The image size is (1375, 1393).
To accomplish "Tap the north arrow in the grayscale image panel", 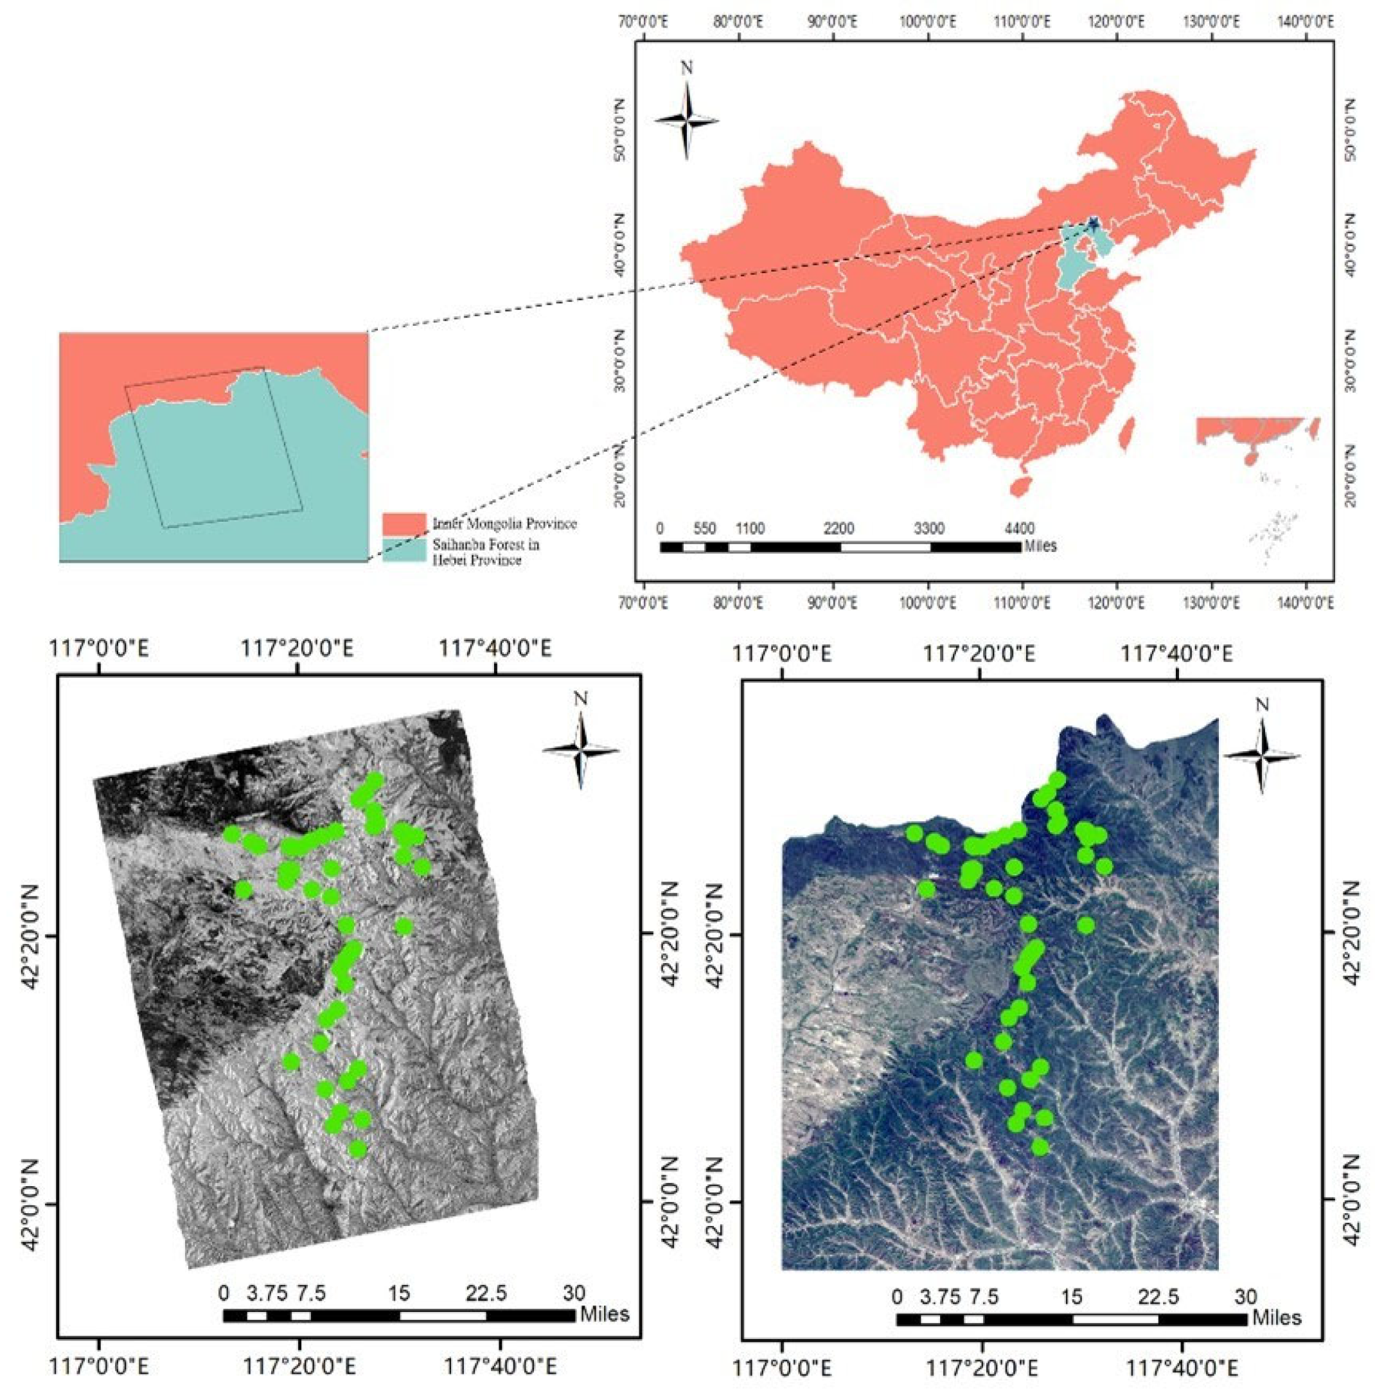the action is pos(580,750).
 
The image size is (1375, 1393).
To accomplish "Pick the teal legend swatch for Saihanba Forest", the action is pos(404,551).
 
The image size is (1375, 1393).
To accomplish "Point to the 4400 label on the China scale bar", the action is pos(1019,529).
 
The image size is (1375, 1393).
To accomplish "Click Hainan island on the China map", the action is pos(1019,486).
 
